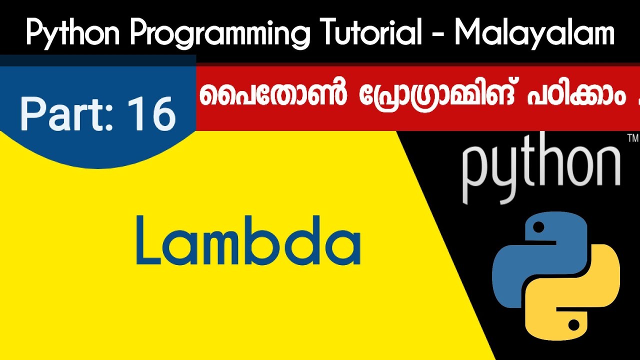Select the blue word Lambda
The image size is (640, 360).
pyautogui.click(x=248, y=240)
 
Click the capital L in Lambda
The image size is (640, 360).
pyautogui.click(x=148, y=240)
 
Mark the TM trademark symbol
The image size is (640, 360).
pyautogui.click(x=631, y=137)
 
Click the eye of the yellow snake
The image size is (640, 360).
pyautogui.click(x=573, y=325)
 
